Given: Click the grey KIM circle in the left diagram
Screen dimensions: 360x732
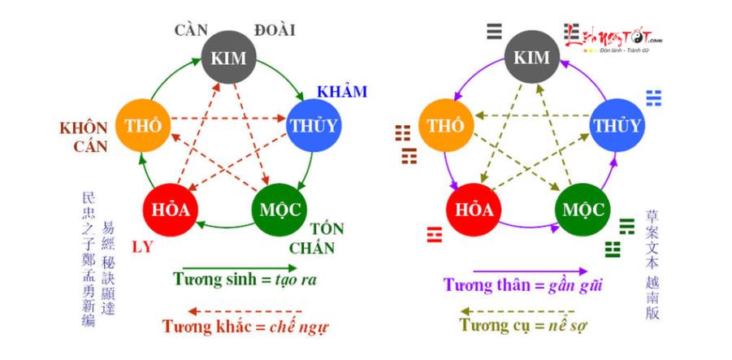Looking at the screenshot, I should pyautogui.click(x=228, y=58).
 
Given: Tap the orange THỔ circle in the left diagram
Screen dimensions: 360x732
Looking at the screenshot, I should pyautogui.click(x=142, y=125).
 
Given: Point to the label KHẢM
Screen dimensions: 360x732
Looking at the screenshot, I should pyautogui.click(x=342, y=91).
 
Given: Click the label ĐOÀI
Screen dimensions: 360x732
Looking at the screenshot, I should pyautogui.click(x=274, y=31).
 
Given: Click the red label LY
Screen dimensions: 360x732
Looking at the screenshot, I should pyautogui.click(x=144, y=245).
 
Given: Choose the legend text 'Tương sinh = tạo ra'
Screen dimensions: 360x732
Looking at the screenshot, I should pyautogui.click(x=245, y=280).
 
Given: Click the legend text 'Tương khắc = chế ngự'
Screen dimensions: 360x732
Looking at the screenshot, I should pyautogui.click(x=245, y=327).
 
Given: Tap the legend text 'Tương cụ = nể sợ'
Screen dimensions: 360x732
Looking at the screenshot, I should pyautogui.click(x=523, y=325).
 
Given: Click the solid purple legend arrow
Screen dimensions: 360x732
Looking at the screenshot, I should pyautogui.click(x=529, y=271).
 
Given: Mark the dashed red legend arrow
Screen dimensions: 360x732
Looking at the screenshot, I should pyautogui.click(x=245, y=311).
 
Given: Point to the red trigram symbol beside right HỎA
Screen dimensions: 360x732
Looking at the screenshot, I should pyautogui.click(x=434, y=236).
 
